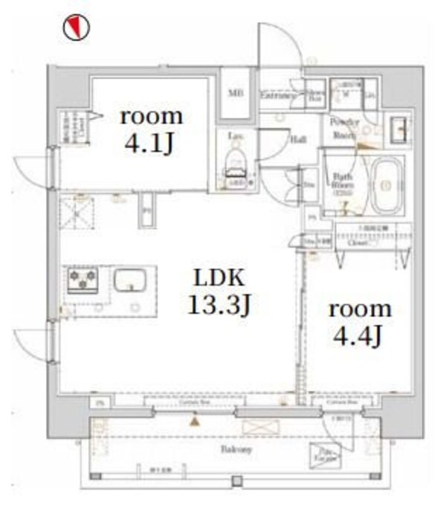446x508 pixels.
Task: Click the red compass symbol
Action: coord(76,28)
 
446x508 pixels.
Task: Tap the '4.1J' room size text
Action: coord(152,142)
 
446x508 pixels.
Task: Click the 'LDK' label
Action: coord(219,277)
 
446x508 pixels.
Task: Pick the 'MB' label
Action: coord(236,93)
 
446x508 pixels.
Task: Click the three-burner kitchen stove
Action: coord(83,280)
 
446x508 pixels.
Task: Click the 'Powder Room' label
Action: coord(345,129)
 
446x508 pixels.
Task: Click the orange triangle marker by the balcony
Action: coord(195,422)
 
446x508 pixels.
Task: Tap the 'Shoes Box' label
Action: coord(315,92)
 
